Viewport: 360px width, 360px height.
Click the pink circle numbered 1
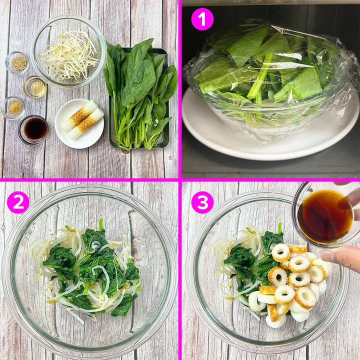point(202,19)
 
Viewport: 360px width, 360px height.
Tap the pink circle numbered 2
point(18,202)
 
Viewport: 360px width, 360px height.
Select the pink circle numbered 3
point(202,202)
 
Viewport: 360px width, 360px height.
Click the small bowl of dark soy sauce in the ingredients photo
point(33,129)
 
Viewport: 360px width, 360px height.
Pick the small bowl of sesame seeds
point(17,62)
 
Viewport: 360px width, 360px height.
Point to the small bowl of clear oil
point(35,87)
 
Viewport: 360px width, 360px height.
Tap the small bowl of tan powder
point(13,107)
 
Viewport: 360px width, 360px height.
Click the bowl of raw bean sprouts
point(69,51)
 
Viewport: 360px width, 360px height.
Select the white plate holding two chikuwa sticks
point(79,123)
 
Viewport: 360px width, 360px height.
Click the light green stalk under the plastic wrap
point(260,76)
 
